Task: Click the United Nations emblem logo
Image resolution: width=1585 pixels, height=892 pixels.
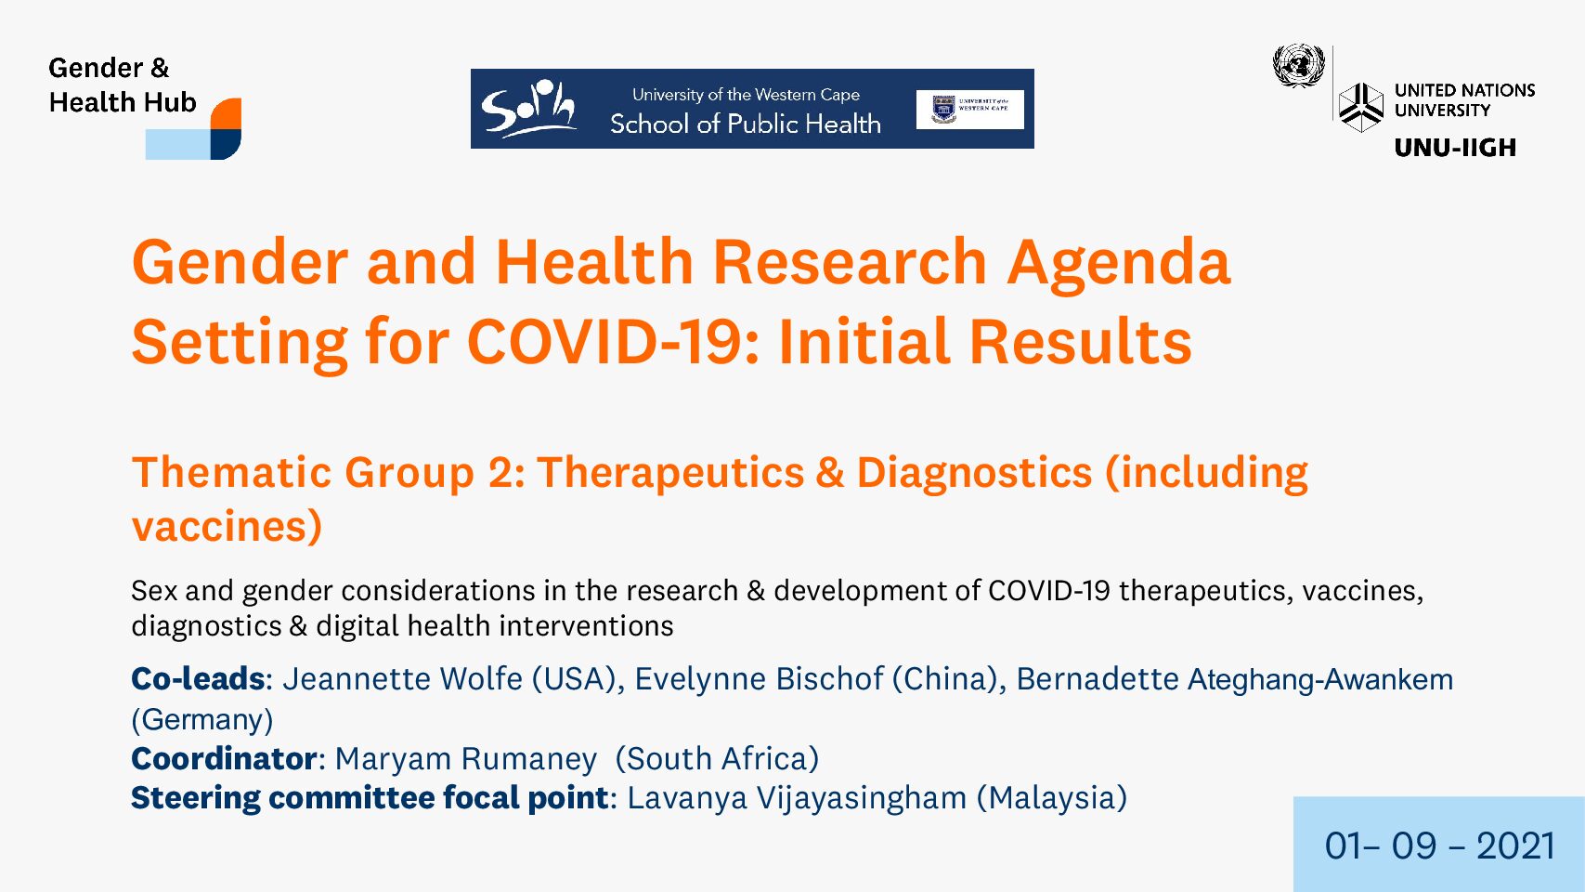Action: click(1298, 66)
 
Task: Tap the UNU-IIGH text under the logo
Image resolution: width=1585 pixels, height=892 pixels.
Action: click(1455, 147)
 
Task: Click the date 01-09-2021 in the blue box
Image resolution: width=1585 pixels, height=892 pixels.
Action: click(1439, 846)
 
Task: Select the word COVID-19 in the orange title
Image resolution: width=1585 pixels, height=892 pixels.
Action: click(613, 341)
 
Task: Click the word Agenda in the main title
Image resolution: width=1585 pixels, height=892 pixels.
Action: click(1119, 262)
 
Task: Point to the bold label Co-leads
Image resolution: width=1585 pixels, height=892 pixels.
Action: click(198, 678)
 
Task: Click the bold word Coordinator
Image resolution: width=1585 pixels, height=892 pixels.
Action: click(224, 758)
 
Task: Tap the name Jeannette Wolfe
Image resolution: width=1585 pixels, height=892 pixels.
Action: click(403, 678)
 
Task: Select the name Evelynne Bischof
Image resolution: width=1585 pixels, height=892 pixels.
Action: click(760, 678)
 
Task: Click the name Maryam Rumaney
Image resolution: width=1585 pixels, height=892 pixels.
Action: click(465, 759)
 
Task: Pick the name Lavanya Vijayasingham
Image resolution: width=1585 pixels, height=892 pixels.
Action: click(797, 798)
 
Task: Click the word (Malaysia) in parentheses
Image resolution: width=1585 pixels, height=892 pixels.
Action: click(1051, 798)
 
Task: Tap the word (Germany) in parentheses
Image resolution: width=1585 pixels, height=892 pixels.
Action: click(202, 719)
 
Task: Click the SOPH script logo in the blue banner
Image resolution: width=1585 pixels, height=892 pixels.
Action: click(528, 109)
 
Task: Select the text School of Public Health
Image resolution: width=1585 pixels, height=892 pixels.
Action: click(745, 124)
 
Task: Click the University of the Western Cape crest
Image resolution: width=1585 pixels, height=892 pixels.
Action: click(944, 110)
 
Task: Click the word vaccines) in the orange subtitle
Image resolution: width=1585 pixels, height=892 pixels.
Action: click(227, 526)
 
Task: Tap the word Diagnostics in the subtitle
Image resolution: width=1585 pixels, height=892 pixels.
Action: click(974, 472)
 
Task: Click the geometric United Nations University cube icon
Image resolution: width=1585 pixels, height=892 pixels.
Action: click(1360, 107)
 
